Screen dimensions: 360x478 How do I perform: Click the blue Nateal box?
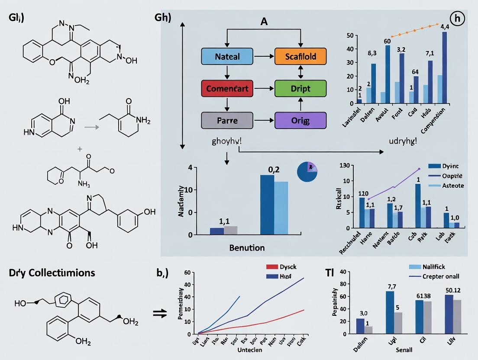pos(227,56)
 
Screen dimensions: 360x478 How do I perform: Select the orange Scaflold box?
pos(300,56)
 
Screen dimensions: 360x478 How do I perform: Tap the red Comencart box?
pos(227,88)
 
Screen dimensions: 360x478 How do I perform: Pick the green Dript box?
pos(300,88)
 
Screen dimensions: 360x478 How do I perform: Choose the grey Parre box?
pos(227,120)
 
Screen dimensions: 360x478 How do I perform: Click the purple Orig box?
pos(300,120)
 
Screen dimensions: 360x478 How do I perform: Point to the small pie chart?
pos(307,172)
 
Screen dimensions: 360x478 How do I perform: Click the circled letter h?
pos(457,19)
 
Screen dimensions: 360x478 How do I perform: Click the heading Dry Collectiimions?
pos(52,273)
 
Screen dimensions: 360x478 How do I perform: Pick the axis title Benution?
pos(247,248)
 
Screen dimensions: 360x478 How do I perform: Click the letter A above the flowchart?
pos(264,22)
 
